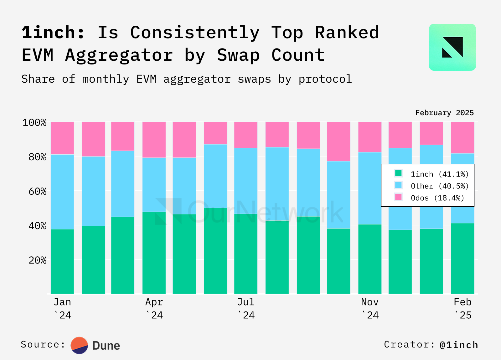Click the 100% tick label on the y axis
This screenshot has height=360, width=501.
(x=34, y=122)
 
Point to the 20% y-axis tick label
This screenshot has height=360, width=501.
(x=38, y=260)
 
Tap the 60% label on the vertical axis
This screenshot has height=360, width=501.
(x=38, y=191)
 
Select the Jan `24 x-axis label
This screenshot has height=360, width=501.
(x=62, y=308)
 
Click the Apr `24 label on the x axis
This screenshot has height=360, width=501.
(x=154, y=308)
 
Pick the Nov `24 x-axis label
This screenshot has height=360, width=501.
(x=370, y=308)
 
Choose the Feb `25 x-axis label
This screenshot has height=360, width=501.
(x=462, y=308)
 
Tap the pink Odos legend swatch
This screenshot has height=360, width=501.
(x=398, y=197)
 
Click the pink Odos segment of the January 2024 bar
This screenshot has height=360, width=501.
(x=62, y=138)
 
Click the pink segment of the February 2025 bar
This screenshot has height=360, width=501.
(x=462, y=137)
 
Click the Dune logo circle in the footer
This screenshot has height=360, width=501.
(x=79, y=345)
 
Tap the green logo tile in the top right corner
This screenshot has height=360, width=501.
(x=452, y=47)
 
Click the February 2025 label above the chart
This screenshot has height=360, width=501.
(x=444, y=113)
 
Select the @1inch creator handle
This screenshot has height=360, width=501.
(x=459, y=345)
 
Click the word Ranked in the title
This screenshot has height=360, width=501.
(x=347, y=33)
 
